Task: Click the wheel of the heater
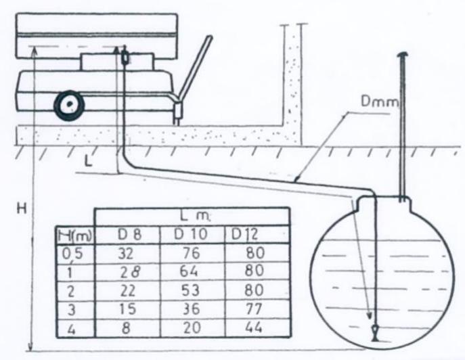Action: (x=68, y=107)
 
